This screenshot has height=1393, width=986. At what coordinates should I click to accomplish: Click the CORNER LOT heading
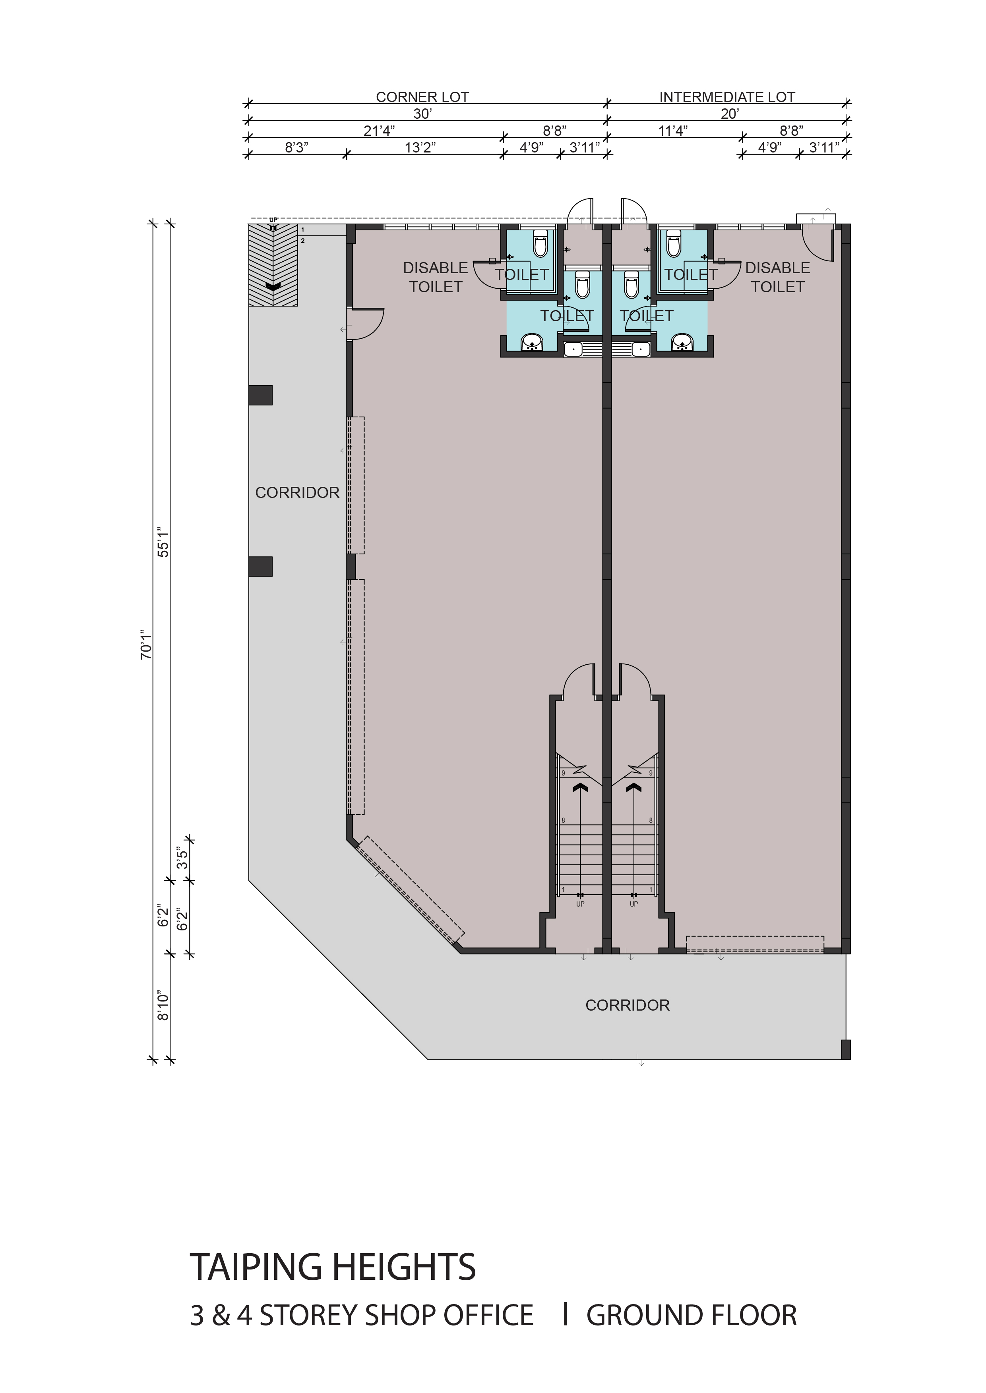(x=422, y=97)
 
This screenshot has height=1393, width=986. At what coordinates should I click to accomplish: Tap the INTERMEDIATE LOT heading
(x=727, y=97)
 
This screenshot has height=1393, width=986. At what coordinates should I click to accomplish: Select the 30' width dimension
(x=422, y=114)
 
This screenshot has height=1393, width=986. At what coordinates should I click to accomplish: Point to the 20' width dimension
(x=729, y=114)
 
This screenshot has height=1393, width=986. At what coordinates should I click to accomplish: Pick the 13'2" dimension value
(x=420, y=147)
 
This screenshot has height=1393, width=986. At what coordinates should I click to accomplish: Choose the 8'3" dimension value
(x=297, y=147)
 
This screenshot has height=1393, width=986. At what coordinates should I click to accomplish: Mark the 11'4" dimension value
(x=673, y=130)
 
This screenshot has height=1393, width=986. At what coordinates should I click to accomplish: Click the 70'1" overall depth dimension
(x=146, y=644)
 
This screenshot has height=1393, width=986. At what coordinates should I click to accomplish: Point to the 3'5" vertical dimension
(x=182, y=858)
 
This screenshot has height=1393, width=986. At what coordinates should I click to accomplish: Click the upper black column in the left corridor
(x=260, y=395)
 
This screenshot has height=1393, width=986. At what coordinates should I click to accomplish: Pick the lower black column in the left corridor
(x=260, y=566)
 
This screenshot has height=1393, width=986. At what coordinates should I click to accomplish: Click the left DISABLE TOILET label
(x=435, y=277)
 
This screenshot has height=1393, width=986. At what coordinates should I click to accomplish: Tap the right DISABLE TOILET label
(x=778, y=277)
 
